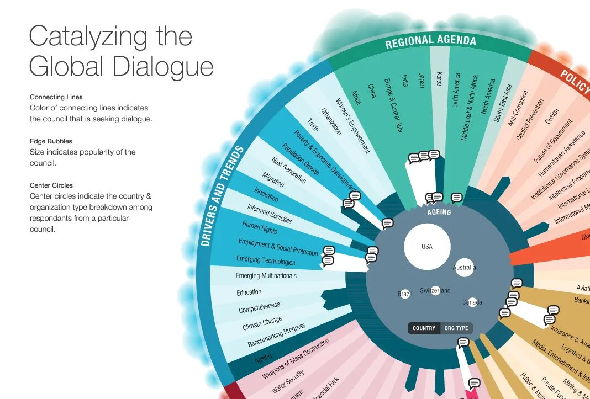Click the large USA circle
click(x=427, y=247)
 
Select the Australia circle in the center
click(x=464, y=268)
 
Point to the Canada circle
click(x=472, y=302)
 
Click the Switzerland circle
click(x=435, y=290)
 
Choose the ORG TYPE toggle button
click(x=456, y=328)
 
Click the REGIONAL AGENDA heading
click(x=430, y=41)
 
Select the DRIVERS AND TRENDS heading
click(x=223, y=195)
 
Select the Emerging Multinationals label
click(x=266, y=275)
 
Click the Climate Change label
click(x=262, y=323)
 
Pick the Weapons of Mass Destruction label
click(x=296, y=359)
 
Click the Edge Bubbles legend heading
click(x=51, y=141)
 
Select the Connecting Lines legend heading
click(x=56, y=97)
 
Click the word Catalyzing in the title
click(x=89, y=37)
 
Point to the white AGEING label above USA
click(x=439, y=212)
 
